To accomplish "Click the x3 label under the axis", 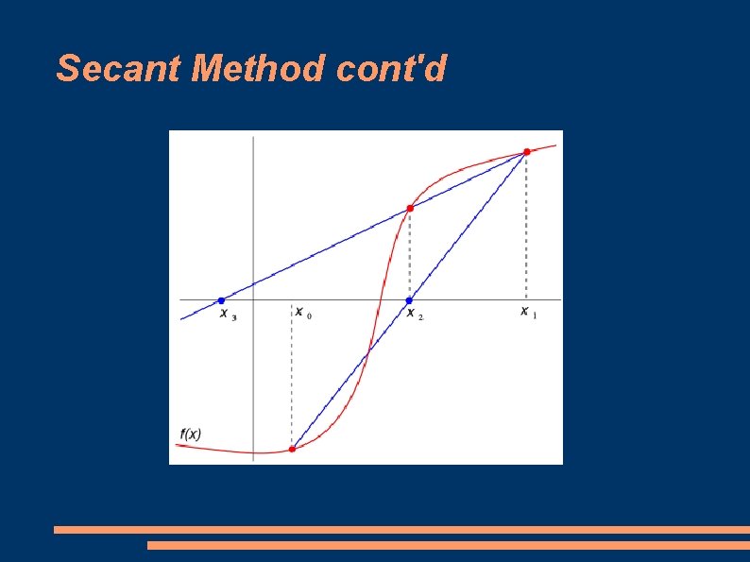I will (x=228, y=314).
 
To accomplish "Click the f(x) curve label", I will (x=190, y=434).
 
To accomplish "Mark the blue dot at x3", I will (x=221, y=300).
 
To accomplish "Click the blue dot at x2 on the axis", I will (x=409, y=300).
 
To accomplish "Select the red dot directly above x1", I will (x=526, y=151).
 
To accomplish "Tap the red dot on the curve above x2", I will (x=409, y=208).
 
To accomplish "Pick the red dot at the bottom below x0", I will (x=292, y=449).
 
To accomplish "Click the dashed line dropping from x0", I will (x=292, y=378).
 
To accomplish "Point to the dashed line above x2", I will (x=409, y=255).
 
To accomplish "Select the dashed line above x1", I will (x=526, y=227).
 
